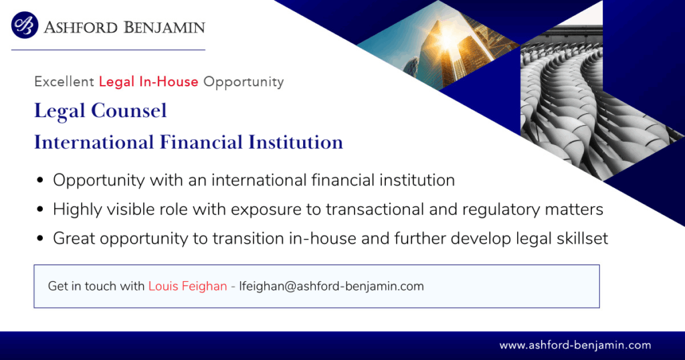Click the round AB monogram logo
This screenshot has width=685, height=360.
tap(25, 25)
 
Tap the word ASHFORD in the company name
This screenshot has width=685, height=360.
tap(81, 27)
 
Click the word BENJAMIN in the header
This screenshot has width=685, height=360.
tap(165, 27)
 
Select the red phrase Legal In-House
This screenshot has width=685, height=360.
tap(149, 82)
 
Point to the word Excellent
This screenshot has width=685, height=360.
tap(64, 82)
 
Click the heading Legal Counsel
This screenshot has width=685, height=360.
tap(100, 110)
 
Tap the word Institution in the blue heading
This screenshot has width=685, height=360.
tap(296, 143)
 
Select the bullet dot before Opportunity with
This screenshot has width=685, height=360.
tap(40, 180)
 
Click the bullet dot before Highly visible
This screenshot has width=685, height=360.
tap(40, 209)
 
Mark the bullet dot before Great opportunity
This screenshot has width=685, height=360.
tap(40, 238)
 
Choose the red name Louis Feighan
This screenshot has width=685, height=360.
tap(188, 286)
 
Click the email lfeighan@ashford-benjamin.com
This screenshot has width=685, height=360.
tap(332, 286)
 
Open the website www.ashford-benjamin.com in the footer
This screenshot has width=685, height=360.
tap(575, 345)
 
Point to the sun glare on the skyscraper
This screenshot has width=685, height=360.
tap(447, 38)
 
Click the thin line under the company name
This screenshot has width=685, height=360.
tap(108, 50)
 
